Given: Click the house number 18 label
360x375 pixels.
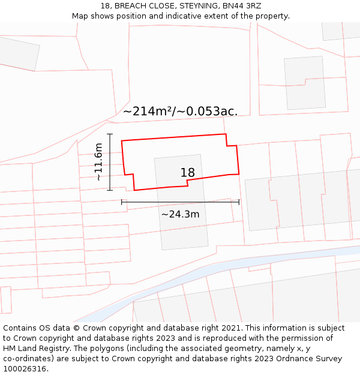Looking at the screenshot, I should point(188,173).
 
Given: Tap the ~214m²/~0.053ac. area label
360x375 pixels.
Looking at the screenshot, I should point(180,111).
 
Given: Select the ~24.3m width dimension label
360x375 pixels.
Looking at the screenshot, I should point(180,214).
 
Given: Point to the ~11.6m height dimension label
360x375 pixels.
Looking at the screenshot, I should point(98,162).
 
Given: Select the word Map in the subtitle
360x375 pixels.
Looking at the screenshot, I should point(80,16).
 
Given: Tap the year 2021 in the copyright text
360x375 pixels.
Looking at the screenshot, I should point(230,328).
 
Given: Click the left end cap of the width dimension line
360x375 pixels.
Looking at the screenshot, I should point(122,202).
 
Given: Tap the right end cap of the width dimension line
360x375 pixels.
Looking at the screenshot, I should point(239,202).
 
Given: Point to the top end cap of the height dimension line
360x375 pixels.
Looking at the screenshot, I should point(110,134).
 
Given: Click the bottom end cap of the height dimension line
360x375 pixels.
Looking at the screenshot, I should point(110,190).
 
